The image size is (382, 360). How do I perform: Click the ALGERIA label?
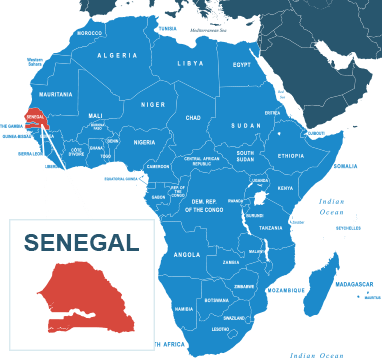point(117,55)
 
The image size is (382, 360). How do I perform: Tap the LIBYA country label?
point(190,63)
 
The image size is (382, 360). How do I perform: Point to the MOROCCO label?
point(90,33)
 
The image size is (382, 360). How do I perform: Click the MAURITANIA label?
point(56,94)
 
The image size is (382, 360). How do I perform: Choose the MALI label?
point(96,115)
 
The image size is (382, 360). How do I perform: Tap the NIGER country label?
point(153,104)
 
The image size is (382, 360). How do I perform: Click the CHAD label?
point(193,117)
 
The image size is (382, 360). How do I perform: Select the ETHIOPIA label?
point(291,156)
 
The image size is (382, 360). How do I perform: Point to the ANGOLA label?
point(187,254)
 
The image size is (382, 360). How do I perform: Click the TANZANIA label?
point(271,228)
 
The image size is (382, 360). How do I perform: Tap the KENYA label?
point(285,188)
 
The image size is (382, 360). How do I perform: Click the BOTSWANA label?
point(216,300)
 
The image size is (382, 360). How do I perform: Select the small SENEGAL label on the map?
point(35,117)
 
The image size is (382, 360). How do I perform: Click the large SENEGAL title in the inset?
point(81,243)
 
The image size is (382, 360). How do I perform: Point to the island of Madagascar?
point(322,275)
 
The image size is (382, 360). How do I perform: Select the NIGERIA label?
point(145,142)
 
